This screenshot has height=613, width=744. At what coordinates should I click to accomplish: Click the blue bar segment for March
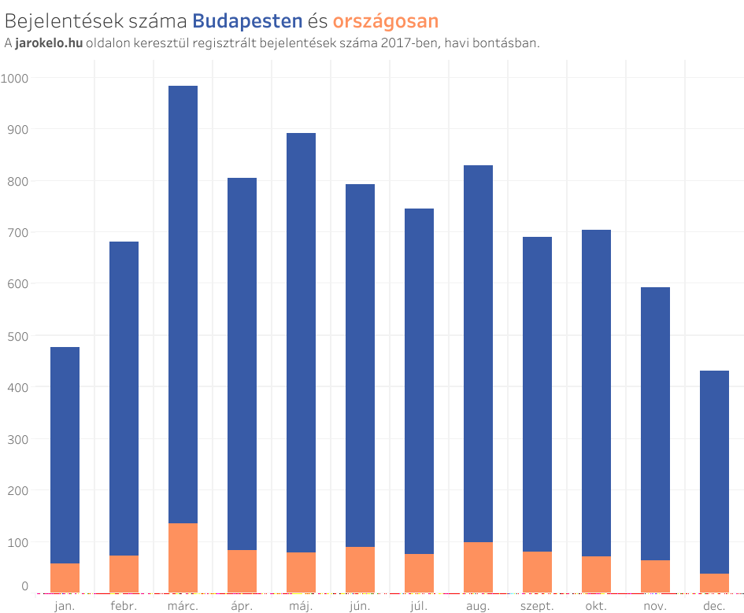point(183,305)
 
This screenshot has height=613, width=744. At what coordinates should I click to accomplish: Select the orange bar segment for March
point(183,558)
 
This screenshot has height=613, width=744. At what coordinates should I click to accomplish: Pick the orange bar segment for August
point(478,567)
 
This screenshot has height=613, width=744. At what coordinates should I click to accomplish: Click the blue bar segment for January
point(65,455)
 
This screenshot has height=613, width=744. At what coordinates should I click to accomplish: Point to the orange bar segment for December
point(714,583)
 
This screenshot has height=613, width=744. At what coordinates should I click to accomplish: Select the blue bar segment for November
point(655,423)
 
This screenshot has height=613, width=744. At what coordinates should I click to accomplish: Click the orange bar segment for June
point(360,570)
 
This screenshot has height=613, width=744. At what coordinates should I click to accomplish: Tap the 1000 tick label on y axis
point(15,78)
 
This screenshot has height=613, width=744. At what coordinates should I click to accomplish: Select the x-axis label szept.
point(537,606)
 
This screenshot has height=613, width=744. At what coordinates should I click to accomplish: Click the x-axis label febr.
point(124,606)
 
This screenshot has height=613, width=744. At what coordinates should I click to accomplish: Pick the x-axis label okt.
point(596,606)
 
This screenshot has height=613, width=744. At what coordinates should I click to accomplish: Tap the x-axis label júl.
point(419,606)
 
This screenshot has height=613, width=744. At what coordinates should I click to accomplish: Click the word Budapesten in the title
point(247,20)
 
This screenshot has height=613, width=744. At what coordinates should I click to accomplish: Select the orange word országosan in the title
point(386,20)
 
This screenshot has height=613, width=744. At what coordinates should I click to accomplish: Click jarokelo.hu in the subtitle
point(49,43)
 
